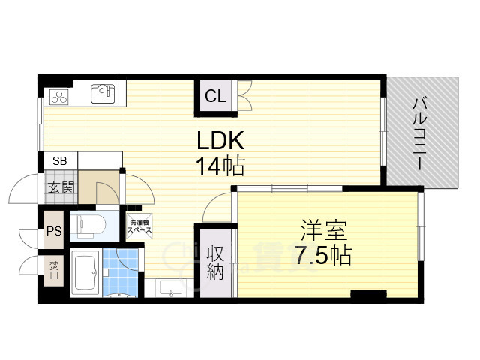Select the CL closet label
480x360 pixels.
[215, 95]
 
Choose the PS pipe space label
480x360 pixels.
[54, 231]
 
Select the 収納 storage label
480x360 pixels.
[214, 262]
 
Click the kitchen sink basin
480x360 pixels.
[102, 93]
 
